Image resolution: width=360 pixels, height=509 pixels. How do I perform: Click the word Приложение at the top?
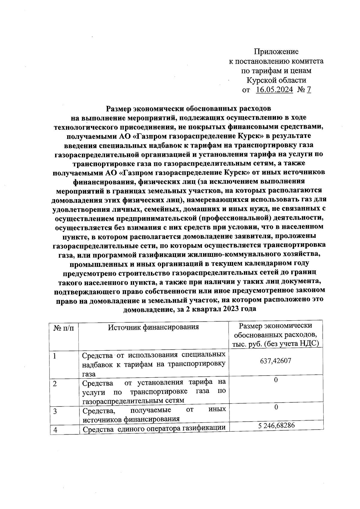[276, 52]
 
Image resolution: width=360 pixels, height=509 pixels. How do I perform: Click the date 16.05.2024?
[274, 90]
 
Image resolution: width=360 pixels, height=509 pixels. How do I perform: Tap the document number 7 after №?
[309, 90]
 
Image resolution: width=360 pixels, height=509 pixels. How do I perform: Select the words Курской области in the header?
[276, 80]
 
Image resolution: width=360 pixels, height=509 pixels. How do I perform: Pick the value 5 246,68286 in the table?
[276, 425]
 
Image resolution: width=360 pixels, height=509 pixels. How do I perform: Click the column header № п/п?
[64, 328]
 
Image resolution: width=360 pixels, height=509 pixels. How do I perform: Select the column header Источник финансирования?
[153, 327]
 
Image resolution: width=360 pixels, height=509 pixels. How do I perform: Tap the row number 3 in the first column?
[55, 411]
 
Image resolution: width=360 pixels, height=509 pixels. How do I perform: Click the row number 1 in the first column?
[55, 356]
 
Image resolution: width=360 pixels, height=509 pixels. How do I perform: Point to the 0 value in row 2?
[276, 380]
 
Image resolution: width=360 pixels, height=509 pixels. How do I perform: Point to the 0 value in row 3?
[276, 407]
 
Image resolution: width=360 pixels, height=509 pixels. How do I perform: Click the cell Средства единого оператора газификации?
[154, 430]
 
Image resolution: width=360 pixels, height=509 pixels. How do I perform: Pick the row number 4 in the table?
[55, 430]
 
